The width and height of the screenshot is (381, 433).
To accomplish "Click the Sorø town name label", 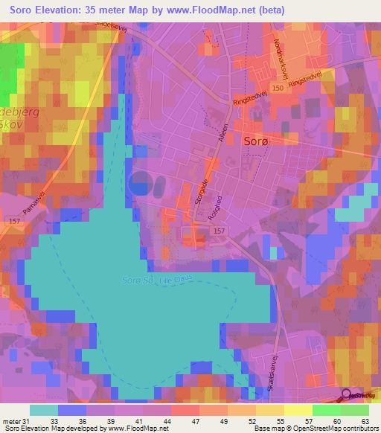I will coord(256,139).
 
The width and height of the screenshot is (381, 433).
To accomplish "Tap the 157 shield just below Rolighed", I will coord(218,231).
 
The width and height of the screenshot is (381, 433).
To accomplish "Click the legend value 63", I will coord(365,420).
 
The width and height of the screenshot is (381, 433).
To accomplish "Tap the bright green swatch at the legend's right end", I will coord(355,410).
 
